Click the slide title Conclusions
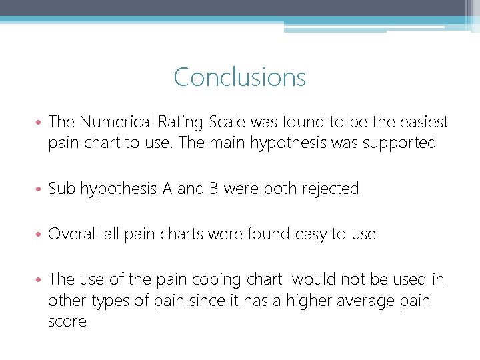click(x=239, y=77)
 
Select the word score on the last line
click(x=67, y=321)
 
